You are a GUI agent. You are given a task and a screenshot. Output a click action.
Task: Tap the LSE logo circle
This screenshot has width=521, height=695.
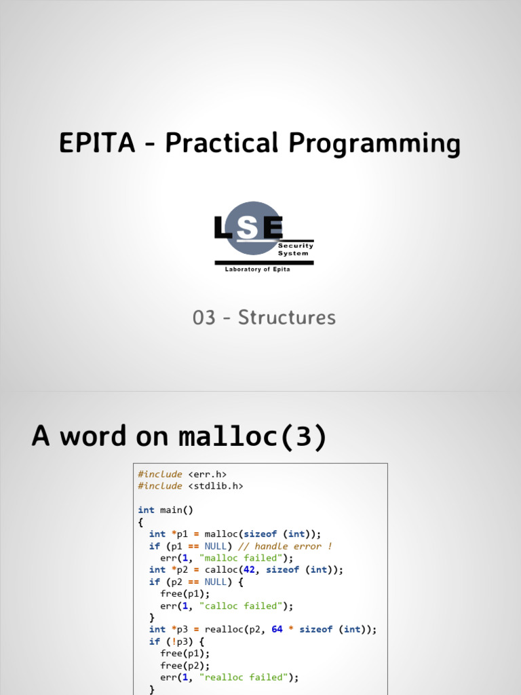252,228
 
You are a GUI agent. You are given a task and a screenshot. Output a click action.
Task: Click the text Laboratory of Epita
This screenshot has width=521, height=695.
257,269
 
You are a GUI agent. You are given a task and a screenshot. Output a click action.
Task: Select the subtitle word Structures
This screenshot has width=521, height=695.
286,318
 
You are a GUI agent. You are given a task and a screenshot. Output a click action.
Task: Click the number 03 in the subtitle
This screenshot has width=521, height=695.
204,318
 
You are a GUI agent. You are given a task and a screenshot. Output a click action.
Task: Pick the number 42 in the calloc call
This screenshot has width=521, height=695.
249,569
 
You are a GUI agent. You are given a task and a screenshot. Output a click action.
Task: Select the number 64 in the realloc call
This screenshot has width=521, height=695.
277,629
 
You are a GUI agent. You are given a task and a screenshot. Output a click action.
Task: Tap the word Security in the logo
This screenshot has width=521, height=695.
301,246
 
